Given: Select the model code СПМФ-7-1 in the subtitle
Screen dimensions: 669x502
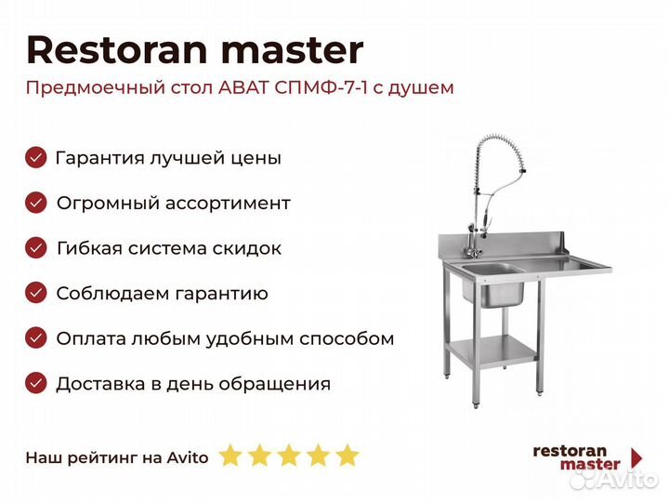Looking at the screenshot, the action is pyautogui.click(x=321, y=88).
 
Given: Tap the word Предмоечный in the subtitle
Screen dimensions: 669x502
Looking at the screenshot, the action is pyautogui.click(x=96, y=89).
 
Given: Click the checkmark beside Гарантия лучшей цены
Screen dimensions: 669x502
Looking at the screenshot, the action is pyautogui.click(x=36, y=157).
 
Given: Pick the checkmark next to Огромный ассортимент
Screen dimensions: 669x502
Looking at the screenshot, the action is pyautogui.click(x=36, y=203).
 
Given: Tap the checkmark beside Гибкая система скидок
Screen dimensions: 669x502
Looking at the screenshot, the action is pyautogui.click(x=36, y=248).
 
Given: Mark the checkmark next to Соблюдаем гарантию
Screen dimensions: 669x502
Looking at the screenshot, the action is pyautogui.click(x=36, y=293).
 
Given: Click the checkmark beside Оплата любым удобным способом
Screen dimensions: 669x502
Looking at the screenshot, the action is pyautogui.click(x=36, y=338).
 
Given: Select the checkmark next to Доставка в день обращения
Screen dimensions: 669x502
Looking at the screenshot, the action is pyautogui.click(x=36, y=383).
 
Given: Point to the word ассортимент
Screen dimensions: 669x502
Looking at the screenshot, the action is pyautogui.click(x=228, y=204).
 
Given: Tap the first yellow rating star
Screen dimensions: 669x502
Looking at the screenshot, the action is pyautogui.click(x=230, y=455).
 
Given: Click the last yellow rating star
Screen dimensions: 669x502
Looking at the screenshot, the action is pyautogui.click(x=348, y=455).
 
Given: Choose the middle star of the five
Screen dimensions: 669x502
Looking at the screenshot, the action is pyautogui.click(x=289, y=455).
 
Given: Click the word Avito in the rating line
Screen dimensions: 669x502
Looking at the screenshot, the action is pyautogui.click(x=188, y=457).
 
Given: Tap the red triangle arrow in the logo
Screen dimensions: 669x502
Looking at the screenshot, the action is pyautogui.click(x=636, y=457).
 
